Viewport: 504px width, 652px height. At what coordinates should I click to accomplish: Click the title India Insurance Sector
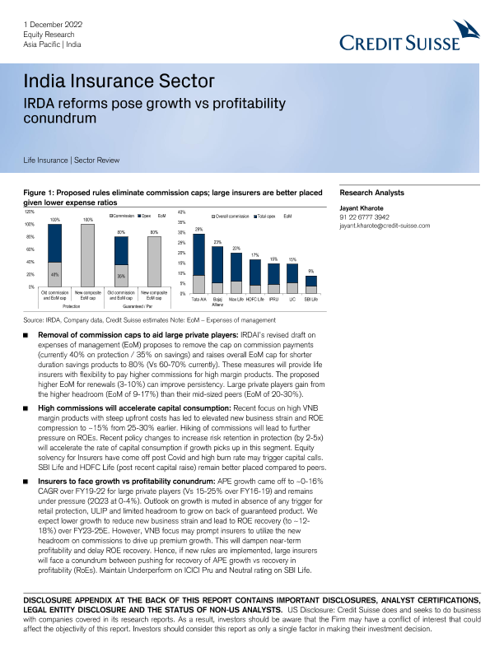coord(119,81)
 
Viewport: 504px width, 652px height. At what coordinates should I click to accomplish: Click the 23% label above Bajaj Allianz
coord(217,242)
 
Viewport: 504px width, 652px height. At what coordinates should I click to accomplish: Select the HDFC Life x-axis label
coord(255,300)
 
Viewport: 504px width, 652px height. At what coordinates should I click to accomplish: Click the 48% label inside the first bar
coord(54,274)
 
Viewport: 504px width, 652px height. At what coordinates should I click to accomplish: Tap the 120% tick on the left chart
coord(30,212)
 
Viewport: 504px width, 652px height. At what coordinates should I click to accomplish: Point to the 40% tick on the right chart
coord(181,212)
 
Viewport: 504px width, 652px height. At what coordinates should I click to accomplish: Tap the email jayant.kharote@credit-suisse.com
coord(385,226)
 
